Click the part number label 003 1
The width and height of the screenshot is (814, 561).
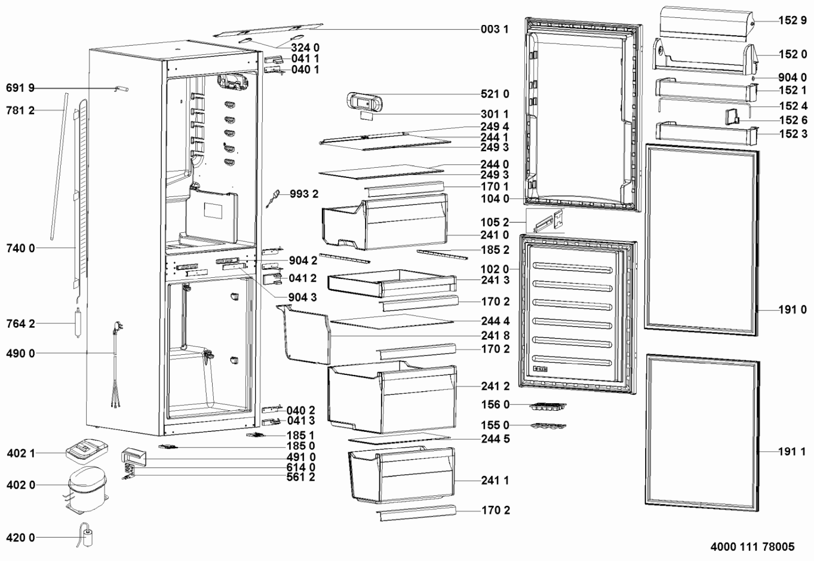tap(494, 29)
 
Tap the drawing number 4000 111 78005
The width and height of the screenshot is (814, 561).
tap(752, 547)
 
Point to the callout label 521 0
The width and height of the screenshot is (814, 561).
tap(494, 94)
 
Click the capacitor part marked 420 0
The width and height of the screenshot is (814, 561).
tap(86, 535)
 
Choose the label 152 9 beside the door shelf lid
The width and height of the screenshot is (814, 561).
tap(792, 21)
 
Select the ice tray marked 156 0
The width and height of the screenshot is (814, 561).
tap(548, 406)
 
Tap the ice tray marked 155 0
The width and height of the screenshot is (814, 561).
tap(548, 426)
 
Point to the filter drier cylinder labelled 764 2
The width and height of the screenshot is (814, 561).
tap(78, 323)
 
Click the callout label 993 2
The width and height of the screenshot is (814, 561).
tap(304, 194)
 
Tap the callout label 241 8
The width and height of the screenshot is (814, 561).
tap(495, 335)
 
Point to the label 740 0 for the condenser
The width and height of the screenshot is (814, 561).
tap(21, 248)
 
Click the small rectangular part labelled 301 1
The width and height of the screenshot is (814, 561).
tap(367, 116)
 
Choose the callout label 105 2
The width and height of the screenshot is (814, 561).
tap(494, 222)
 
